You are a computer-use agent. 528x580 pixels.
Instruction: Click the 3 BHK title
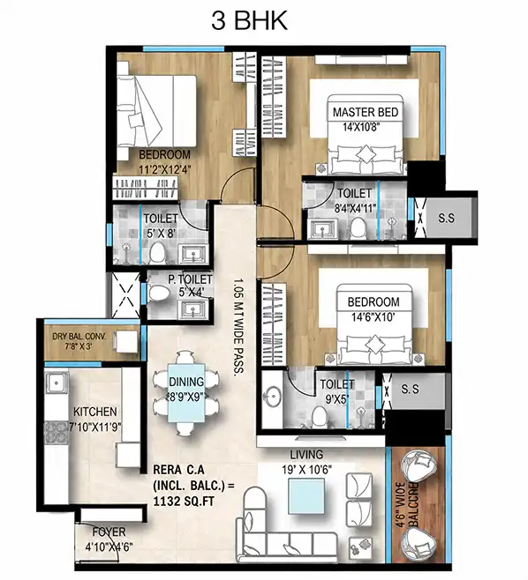coord(249,21)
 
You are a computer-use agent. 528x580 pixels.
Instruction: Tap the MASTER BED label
coord(366,112)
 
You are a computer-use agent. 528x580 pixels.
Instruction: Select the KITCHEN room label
coord(95,412)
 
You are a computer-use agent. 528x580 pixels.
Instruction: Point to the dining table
coord(186,393)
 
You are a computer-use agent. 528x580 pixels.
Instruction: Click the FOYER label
coord(109,532)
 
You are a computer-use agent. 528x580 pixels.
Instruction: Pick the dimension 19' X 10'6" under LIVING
coord(306,470)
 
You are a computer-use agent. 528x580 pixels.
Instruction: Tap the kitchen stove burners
coord(57,433)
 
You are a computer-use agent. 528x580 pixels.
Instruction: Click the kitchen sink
coord(57,383)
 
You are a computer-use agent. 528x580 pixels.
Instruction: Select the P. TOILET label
coord(190,279)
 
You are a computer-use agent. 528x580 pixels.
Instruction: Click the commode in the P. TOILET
coord(159,293)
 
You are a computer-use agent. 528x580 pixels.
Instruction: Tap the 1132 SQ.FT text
coord(184,502)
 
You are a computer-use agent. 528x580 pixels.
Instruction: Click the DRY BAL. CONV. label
coord(79,337)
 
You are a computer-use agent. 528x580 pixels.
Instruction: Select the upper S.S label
coord(446,218)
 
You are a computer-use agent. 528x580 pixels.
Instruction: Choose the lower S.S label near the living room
coord(411,389)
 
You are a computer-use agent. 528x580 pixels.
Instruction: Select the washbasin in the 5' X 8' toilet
coord(192,254)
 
